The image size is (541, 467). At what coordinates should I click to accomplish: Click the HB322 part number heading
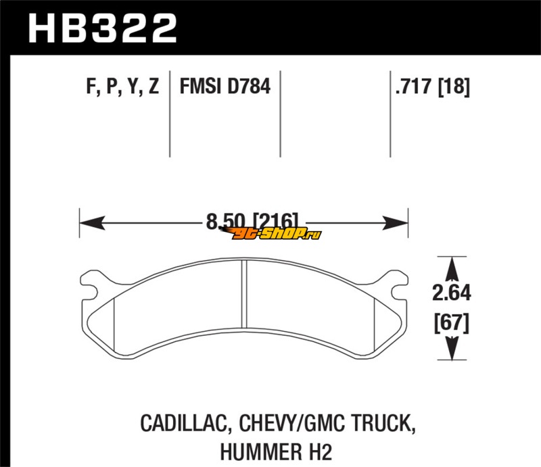click(103, 28)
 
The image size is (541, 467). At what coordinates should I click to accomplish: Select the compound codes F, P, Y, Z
click(122, 87)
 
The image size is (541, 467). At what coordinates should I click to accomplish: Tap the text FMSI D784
click(225, 87)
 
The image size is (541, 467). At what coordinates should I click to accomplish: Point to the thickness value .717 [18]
click(433, 87)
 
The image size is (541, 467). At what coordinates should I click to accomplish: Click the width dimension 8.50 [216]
click(252, 221)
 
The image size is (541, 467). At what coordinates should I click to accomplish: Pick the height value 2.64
click(451, 293)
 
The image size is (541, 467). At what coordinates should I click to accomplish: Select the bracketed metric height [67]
click(451, 323)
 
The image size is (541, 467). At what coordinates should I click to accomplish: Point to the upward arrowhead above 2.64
click(452, 269)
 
